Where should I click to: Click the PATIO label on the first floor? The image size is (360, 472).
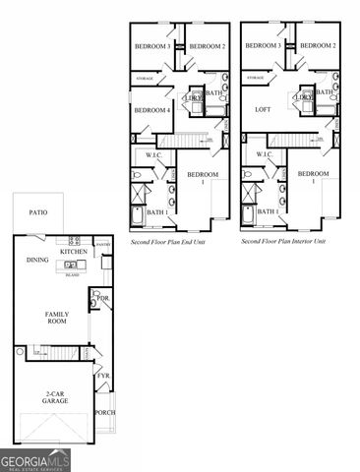click(x=38, y=211)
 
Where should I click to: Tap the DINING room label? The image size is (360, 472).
click(x=37, y=261)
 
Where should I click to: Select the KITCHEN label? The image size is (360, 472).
click(x=74, y=252)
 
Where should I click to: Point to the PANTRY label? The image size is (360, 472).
click(x=102, y=244)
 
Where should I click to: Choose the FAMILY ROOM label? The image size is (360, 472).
click(x=56, y=318)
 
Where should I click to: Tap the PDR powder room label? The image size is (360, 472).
click(x=102, y=297)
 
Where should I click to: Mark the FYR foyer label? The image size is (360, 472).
click(x=102, y=376)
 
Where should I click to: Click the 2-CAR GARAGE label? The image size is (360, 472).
click(x=55, y=397)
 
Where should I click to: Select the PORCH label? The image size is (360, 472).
click(x=104, y=412)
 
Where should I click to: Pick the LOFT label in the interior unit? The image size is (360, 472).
click(x=263, y=110)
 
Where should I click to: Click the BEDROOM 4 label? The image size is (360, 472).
click(x=152, y=110)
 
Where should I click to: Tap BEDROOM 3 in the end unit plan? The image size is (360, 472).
click(x=153, y=46)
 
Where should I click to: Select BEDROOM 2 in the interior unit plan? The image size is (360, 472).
click(x=317, y=46)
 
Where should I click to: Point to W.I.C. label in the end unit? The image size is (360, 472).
click(x=154, y=154)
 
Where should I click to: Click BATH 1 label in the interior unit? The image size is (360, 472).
click(x=267, y=211)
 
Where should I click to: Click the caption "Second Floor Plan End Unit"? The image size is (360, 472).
click(x=166, y=240)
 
